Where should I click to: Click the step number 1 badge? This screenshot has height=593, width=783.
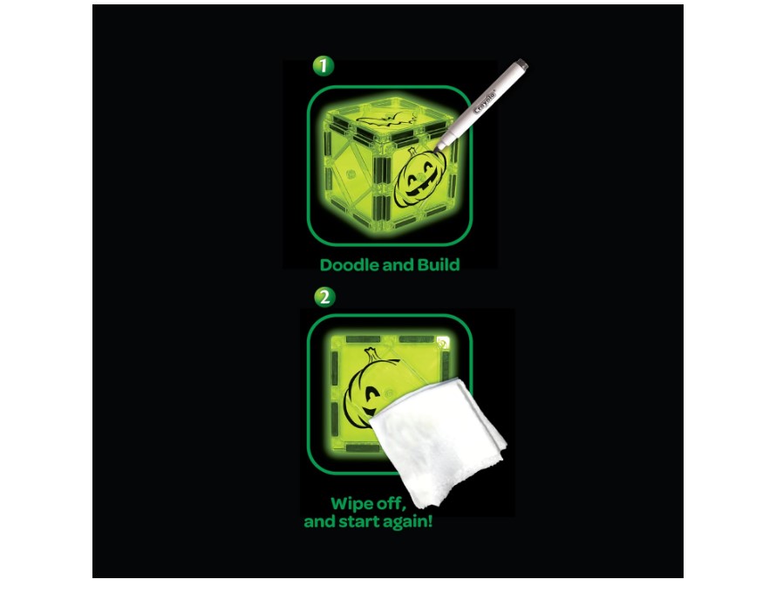[x=323, y=66]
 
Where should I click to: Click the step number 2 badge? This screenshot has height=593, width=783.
[x=324, y=296]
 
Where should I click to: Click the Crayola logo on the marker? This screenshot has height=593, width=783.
[x=484, y=102]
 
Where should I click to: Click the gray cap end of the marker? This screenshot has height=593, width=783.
[x=521, y=64]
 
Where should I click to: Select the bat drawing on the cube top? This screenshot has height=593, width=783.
[x=380, y=119]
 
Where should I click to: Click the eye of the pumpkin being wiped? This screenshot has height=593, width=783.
[x=371, y=395]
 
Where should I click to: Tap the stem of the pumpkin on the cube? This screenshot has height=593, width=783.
[x=412, y=152]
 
